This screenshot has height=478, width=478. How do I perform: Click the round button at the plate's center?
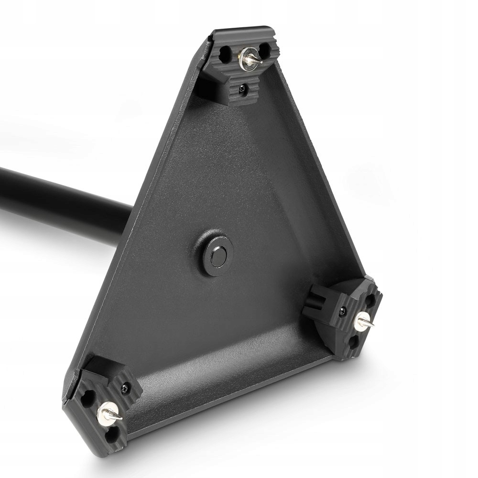pos(218,257)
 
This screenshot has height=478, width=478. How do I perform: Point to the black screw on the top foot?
pos(243,88)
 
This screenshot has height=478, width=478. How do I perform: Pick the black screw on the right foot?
pos(343,312)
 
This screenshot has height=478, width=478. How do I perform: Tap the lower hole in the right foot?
pos(354,341)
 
